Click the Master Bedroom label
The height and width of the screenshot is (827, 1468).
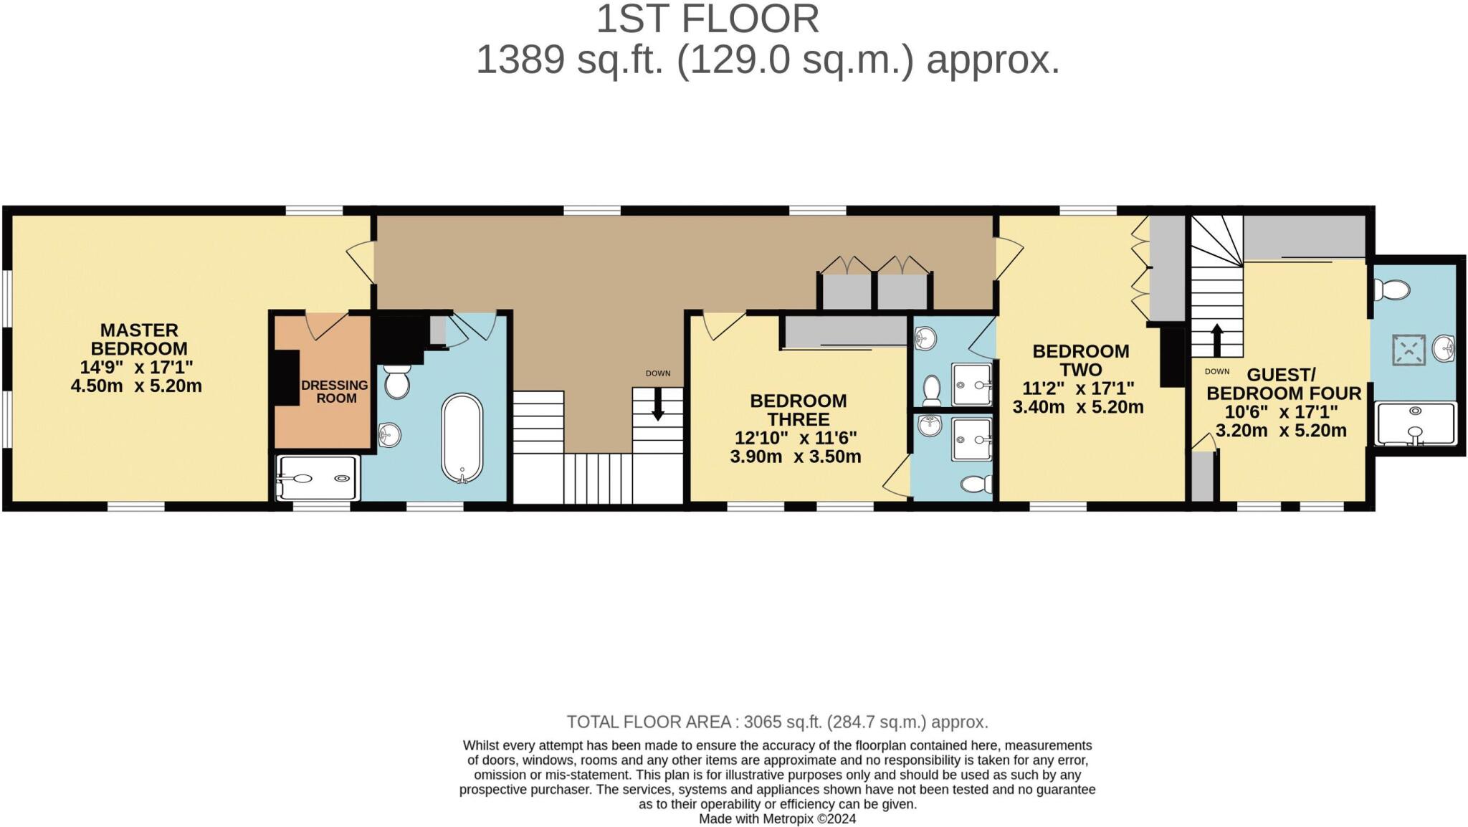139,340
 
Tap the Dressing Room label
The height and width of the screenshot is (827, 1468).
335,391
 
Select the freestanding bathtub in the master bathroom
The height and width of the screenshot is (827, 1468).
462,438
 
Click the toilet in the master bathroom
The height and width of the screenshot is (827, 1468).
397,383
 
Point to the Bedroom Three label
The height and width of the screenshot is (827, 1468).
798,410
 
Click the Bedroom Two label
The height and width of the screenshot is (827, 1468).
1080,360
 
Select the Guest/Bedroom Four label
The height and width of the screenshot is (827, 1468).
1283,384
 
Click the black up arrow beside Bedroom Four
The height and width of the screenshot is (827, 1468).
1216,340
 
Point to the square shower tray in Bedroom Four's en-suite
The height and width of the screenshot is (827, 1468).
1409,350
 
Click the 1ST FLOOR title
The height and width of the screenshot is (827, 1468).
707,19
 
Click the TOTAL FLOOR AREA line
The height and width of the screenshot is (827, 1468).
777,722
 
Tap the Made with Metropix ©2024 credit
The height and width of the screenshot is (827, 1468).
777,818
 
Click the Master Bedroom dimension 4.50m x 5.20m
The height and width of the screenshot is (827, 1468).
136,386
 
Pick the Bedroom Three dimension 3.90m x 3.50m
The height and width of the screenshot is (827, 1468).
796,456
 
